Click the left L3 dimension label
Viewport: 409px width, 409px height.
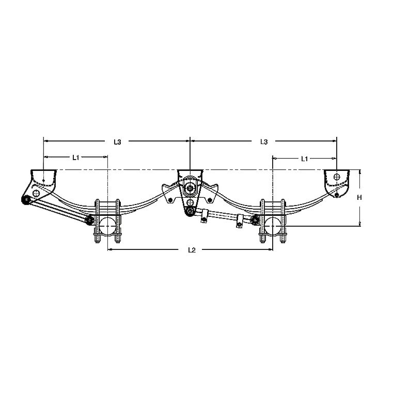point(117,142)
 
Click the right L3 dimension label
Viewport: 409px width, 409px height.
point(264,142)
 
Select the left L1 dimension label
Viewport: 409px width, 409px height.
point(75,158)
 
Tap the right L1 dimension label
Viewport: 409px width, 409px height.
point(304,159)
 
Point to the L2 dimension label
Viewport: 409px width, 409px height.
point(192,250)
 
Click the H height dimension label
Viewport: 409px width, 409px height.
point(359,198)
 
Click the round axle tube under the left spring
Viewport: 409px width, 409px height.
point(107,226)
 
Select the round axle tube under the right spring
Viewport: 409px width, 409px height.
point(273,226)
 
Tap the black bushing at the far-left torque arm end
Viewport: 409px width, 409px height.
point(26,200)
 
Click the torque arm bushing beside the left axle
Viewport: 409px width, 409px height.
point(90,220)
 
